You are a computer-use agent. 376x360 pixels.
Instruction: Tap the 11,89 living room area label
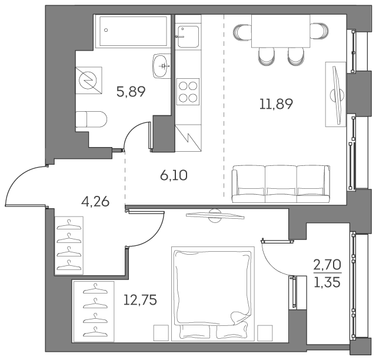[276, 104]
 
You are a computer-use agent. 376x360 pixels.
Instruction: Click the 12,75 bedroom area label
[141, 300]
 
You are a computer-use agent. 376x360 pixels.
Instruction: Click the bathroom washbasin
[161, 65]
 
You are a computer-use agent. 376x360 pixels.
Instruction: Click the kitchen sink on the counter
[187, 35]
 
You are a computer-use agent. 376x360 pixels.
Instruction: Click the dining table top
[281, 31]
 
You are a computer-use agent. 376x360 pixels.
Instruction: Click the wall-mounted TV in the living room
[336, 94]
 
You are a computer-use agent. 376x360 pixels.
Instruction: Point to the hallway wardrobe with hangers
[69, 246]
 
